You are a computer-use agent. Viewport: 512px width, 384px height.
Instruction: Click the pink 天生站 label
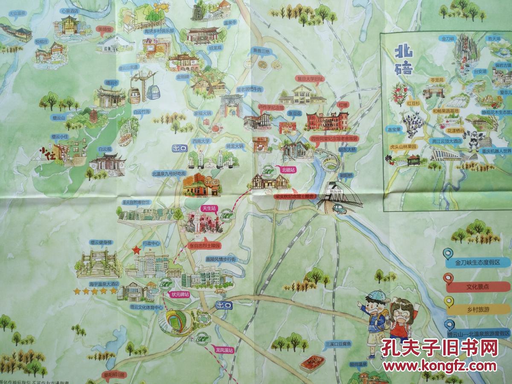209,208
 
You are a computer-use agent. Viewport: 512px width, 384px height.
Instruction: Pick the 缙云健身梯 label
101,242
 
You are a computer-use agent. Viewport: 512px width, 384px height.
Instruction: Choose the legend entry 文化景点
477,287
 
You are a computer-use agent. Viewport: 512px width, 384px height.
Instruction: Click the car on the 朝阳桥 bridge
339,209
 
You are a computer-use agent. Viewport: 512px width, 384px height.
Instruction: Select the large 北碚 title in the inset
403,61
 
